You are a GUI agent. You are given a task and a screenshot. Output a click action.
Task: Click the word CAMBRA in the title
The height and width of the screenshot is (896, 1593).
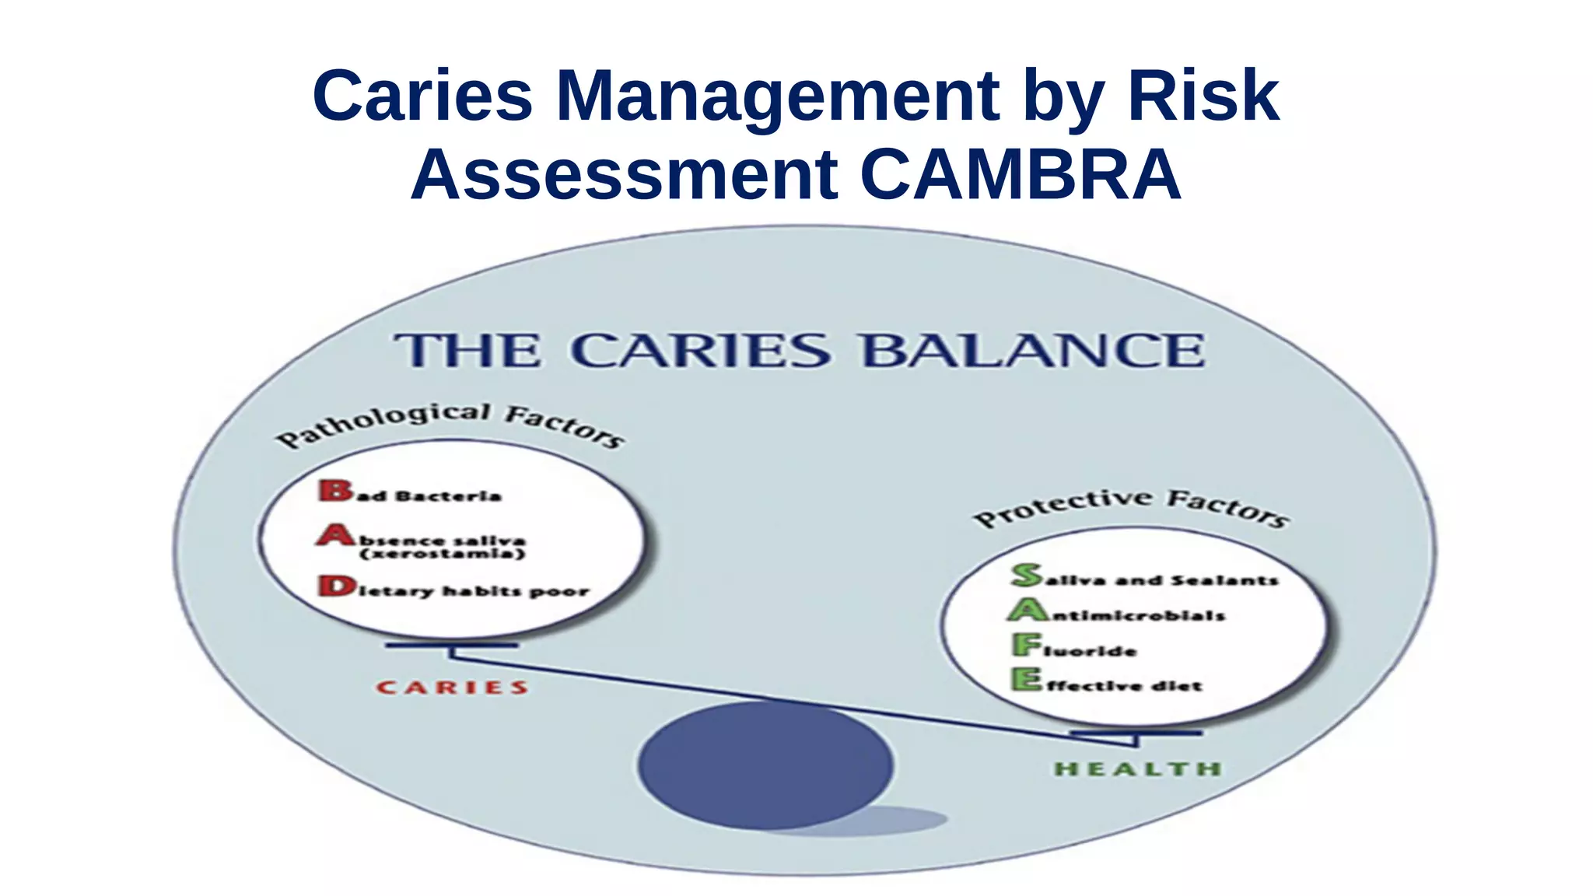pyautogui.click(x=1021, y=174)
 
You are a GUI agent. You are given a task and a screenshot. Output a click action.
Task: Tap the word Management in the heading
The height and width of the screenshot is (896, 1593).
pyautogui.click(x=778, y=96)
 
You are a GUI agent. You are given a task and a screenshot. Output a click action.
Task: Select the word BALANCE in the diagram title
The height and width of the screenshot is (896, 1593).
pyautogui.click(x=1033, y=351)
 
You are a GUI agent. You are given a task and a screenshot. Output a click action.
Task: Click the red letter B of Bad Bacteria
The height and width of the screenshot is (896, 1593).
pyautogui.click(x=335, y=490)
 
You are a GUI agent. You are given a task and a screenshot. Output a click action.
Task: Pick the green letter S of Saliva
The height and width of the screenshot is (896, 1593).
pyautogui.click(x=1027, y=575)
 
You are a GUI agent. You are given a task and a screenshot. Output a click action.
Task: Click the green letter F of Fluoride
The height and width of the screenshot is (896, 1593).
pyautogui.click(x=1027, y=644)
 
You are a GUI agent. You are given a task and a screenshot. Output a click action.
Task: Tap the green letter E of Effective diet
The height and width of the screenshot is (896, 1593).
pyautogui.click(x=1027, y=680)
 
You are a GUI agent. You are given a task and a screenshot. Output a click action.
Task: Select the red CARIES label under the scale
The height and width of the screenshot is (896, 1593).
pyautogui.click(x=452, y=688)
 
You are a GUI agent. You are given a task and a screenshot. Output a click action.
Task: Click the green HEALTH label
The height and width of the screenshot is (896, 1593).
pyautogui.click(x=1137, y=769)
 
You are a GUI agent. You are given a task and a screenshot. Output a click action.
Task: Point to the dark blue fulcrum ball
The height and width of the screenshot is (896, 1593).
pyautogui.click(x=765, y=765)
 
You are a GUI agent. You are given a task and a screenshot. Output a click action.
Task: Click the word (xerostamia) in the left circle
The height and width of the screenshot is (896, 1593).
pyautogui.click(x=443, y=555)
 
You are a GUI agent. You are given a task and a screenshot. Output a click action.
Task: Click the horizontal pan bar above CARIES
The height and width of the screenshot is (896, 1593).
pyautogui.click(x=451, y=646)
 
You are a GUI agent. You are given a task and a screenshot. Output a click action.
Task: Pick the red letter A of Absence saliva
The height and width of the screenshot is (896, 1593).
pyautogui.click(x=335, y=535)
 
